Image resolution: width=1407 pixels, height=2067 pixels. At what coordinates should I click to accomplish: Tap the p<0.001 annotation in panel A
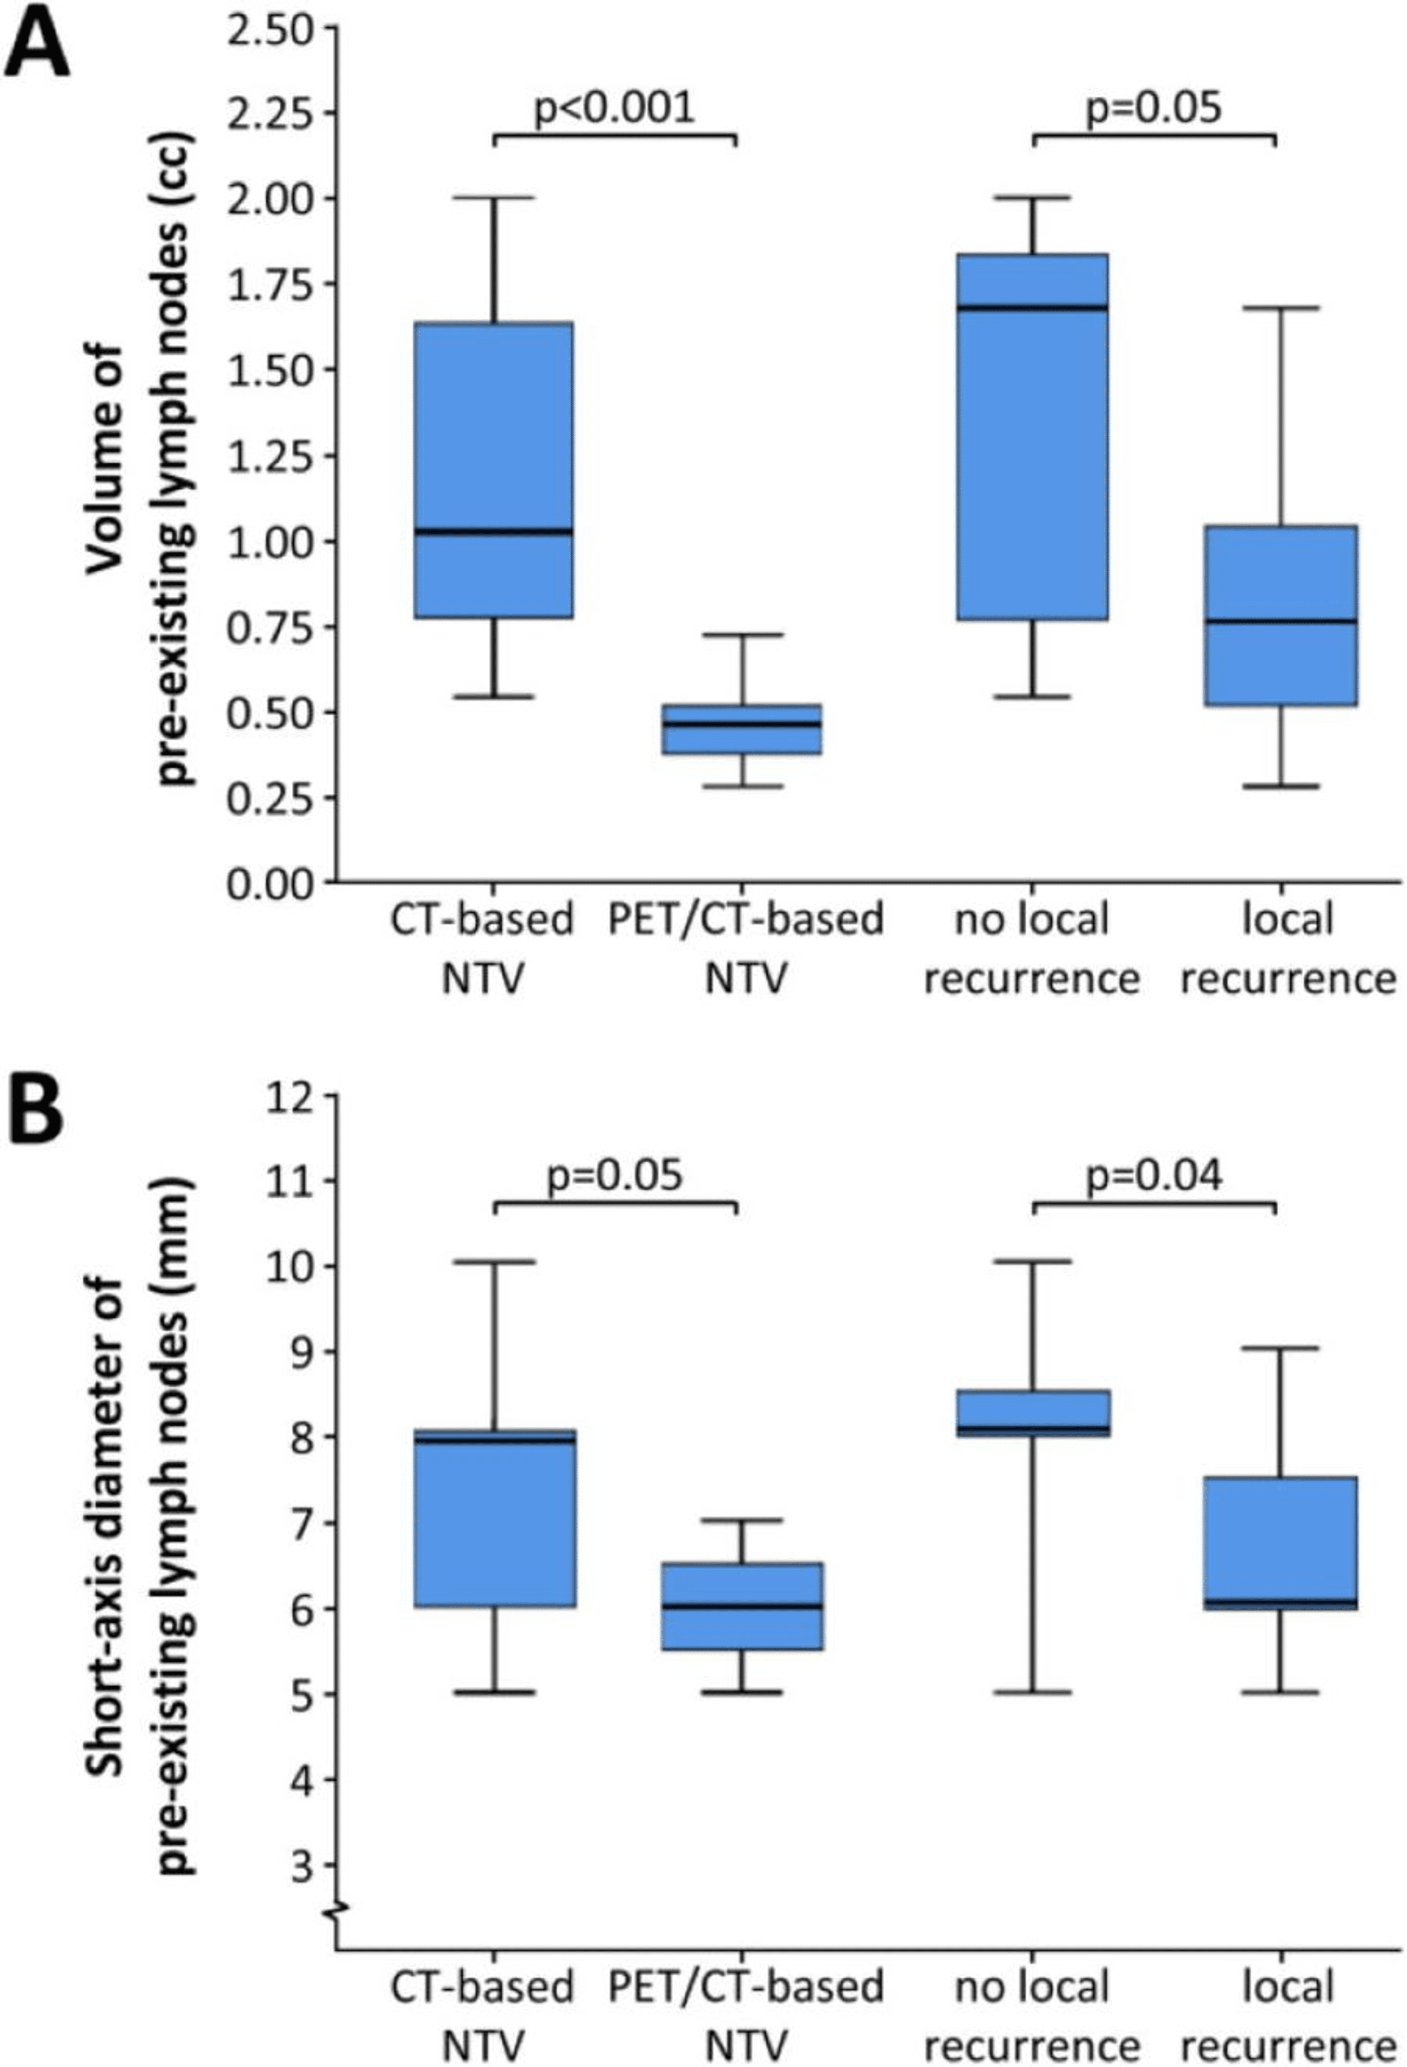[x=613, y=107]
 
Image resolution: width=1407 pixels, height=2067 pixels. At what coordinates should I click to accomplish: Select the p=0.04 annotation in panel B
[x=1154, y=1176]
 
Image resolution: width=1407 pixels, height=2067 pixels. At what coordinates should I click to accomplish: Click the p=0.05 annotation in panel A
[x=1154, y=107]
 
